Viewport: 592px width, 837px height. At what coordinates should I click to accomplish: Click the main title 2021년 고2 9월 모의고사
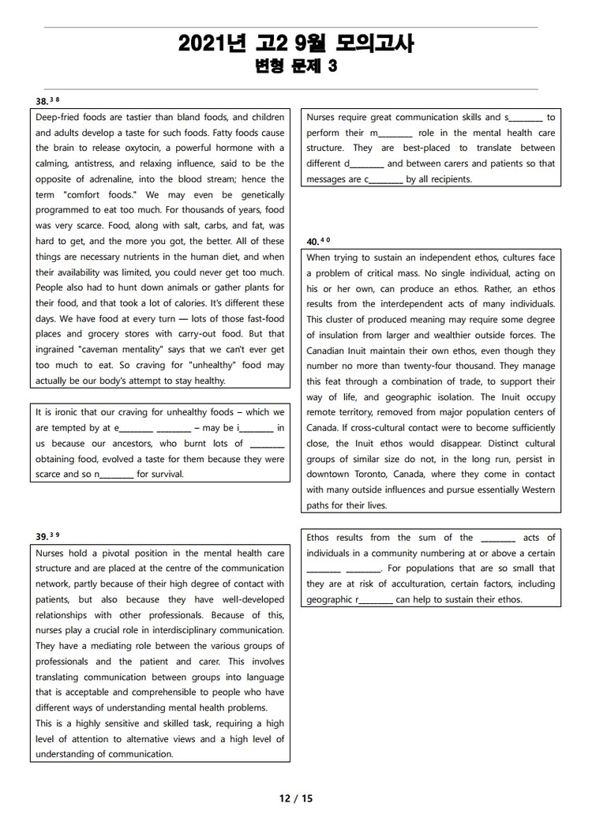click(x=296, y=44)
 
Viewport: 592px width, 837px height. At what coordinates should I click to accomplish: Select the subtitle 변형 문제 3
click(x=296, y=66)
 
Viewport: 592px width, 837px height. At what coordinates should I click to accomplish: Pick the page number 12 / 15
click(x=296, y=798)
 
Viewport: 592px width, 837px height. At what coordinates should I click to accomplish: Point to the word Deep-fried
click(x=60, y=117)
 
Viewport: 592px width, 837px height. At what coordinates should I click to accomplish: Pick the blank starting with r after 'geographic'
click(x=375, y=599)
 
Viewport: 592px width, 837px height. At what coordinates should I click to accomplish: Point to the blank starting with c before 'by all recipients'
click(x=384, y=179)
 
